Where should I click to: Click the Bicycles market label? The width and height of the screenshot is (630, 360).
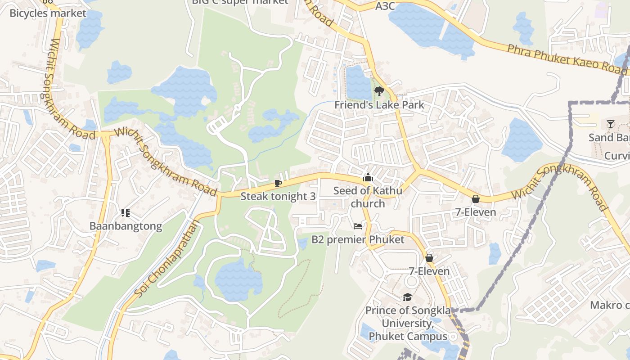point(48,13)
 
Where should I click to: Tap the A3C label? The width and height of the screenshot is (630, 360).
point(385,6)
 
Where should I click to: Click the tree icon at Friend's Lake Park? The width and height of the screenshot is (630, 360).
point(379,92)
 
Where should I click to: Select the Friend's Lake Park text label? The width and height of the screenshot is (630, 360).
point(379,105)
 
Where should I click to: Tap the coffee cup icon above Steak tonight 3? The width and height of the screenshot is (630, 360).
point(278,183)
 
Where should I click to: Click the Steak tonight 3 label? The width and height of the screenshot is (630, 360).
point(278,196)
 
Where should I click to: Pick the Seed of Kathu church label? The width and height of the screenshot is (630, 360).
point(368,197)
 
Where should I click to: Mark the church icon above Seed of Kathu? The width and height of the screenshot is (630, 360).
point(368,177)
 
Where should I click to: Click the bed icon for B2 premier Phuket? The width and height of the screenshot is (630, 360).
point(358,226)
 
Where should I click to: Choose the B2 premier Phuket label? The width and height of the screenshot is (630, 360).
point(358,239)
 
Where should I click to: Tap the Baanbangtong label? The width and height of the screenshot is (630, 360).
point(126,226)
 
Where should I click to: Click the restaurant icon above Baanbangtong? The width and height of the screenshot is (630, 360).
point(126,212)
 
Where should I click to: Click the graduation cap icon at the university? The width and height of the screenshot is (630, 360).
point(407,297)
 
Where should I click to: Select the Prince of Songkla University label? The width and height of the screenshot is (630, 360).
point(408,323)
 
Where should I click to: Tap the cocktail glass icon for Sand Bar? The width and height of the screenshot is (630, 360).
point(611,124)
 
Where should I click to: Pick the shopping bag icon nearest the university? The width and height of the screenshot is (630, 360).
point(429,258)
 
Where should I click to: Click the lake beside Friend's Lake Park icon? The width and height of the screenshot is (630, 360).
point(358,82)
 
